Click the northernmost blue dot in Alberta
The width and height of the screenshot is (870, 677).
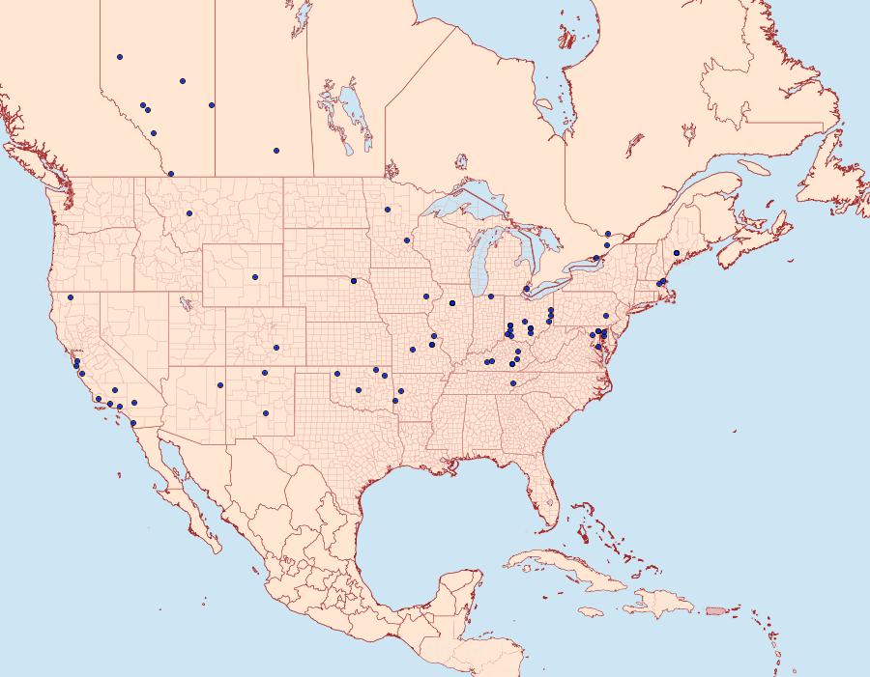click(x=120, y=57)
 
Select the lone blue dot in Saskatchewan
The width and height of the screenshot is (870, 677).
click(x=276, y=151)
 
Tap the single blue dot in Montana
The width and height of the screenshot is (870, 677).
click(x=189, y=213)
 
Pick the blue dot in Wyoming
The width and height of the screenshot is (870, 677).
click(x=255, y=277)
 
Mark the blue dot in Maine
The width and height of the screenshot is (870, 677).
click(x=677, y=253)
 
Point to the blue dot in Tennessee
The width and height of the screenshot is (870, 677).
click(x=513, y=383)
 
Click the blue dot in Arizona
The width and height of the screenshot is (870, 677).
click(x=220, y=385)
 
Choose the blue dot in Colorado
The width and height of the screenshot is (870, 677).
click(x=276, y=348)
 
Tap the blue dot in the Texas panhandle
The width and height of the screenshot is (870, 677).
click(x=337, y=374)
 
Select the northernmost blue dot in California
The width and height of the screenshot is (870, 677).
click(x=71, y=296)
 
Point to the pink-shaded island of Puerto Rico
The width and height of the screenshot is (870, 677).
click(x=715, y=609)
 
